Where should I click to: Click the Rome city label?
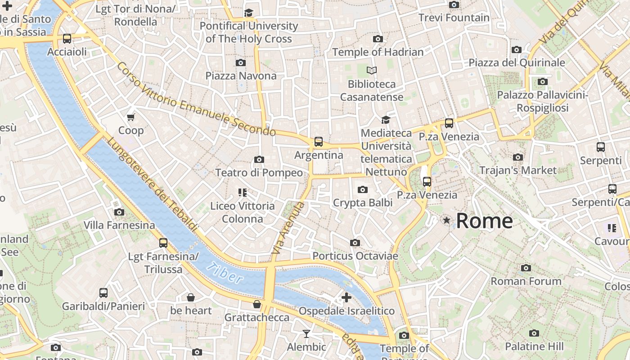[484, 220]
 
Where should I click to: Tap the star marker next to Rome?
[446, 220]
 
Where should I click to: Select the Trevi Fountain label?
[454, 18]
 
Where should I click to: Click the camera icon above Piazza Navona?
[241, 63]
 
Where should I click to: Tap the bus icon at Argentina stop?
[319, 142]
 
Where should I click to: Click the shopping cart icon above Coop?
[131, 117]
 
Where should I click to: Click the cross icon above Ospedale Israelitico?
[346, 297]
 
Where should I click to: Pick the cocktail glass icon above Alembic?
[306, 333]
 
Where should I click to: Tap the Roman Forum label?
[526, 281]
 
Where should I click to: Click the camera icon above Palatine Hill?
[534, 333]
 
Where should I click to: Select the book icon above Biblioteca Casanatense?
[372, 70]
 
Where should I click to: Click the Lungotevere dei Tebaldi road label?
[152, 184]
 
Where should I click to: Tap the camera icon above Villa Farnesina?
[119, 212]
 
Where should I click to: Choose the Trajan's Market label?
[517, 170]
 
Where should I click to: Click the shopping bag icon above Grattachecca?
[257, 304]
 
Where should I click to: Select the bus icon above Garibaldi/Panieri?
[103, 293]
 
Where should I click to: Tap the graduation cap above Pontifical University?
[248, 13]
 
